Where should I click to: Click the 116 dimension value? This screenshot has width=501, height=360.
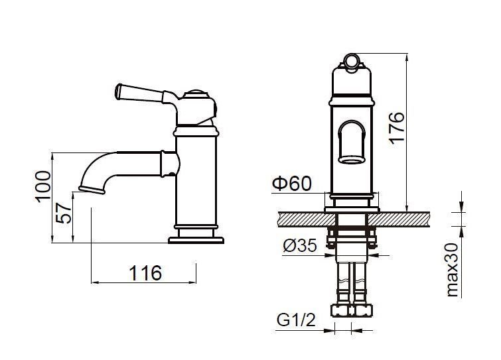(145, 273)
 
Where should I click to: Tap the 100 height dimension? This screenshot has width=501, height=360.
(43, 187)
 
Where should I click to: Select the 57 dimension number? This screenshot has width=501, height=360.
(63, 213)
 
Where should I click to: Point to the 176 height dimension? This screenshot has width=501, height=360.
(397, 128)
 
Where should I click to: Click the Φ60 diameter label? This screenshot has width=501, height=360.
(291, 184)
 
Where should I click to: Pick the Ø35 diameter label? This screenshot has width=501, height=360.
(300, 245)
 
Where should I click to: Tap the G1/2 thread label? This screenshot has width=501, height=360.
(296, 320)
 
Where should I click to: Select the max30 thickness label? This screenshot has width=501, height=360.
(452, 270)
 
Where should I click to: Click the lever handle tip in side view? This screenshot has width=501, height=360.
(118, 91)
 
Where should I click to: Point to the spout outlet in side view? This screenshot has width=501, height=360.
(92, 190)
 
